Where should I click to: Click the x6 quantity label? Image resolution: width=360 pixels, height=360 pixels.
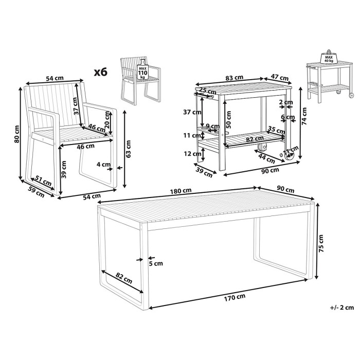click(x=101, y=72)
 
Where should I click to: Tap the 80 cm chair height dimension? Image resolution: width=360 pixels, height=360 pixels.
click(x=16, y=134)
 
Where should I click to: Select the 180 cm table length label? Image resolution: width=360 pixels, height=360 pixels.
click(x=181, y=191)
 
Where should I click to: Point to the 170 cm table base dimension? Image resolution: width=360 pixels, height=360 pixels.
click(x=235, y=297)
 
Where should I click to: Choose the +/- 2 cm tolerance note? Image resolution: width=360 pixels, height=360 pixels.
click(x=342, y=308)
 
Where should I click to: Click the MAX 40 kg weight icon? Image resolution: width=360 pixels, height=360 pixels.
click(x=329, y=56)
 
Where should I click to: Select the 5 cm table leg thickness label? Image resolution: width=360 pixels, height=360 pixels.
click(x=156, y=263)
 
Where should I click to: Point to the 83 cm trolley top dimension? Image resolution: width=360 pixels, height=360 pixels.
click(x=234, y=78)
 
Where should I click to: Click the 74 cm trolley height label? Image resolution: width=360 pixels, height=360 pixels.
click(x=304, y=116)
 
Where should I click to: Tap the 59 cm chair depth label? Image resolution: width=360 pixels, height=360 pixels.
click(x=37, y=192)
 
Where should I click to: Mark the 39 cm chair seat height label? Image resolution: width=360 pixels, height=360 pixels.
click(x=64, y=169)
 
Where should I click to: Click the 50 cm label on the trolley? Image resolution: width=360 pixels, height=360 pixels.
click(x=228, y=120)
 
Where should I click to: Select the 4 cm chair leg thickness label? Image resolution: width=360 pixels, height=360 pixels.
click(x=103, y=165)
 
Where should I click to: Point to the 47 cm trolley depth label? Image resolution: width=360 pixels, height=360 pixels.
click(x=279, y=77)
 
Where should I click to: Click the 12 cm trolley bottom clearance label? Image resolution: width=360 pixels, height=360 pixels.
click(x=191, y=154)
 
